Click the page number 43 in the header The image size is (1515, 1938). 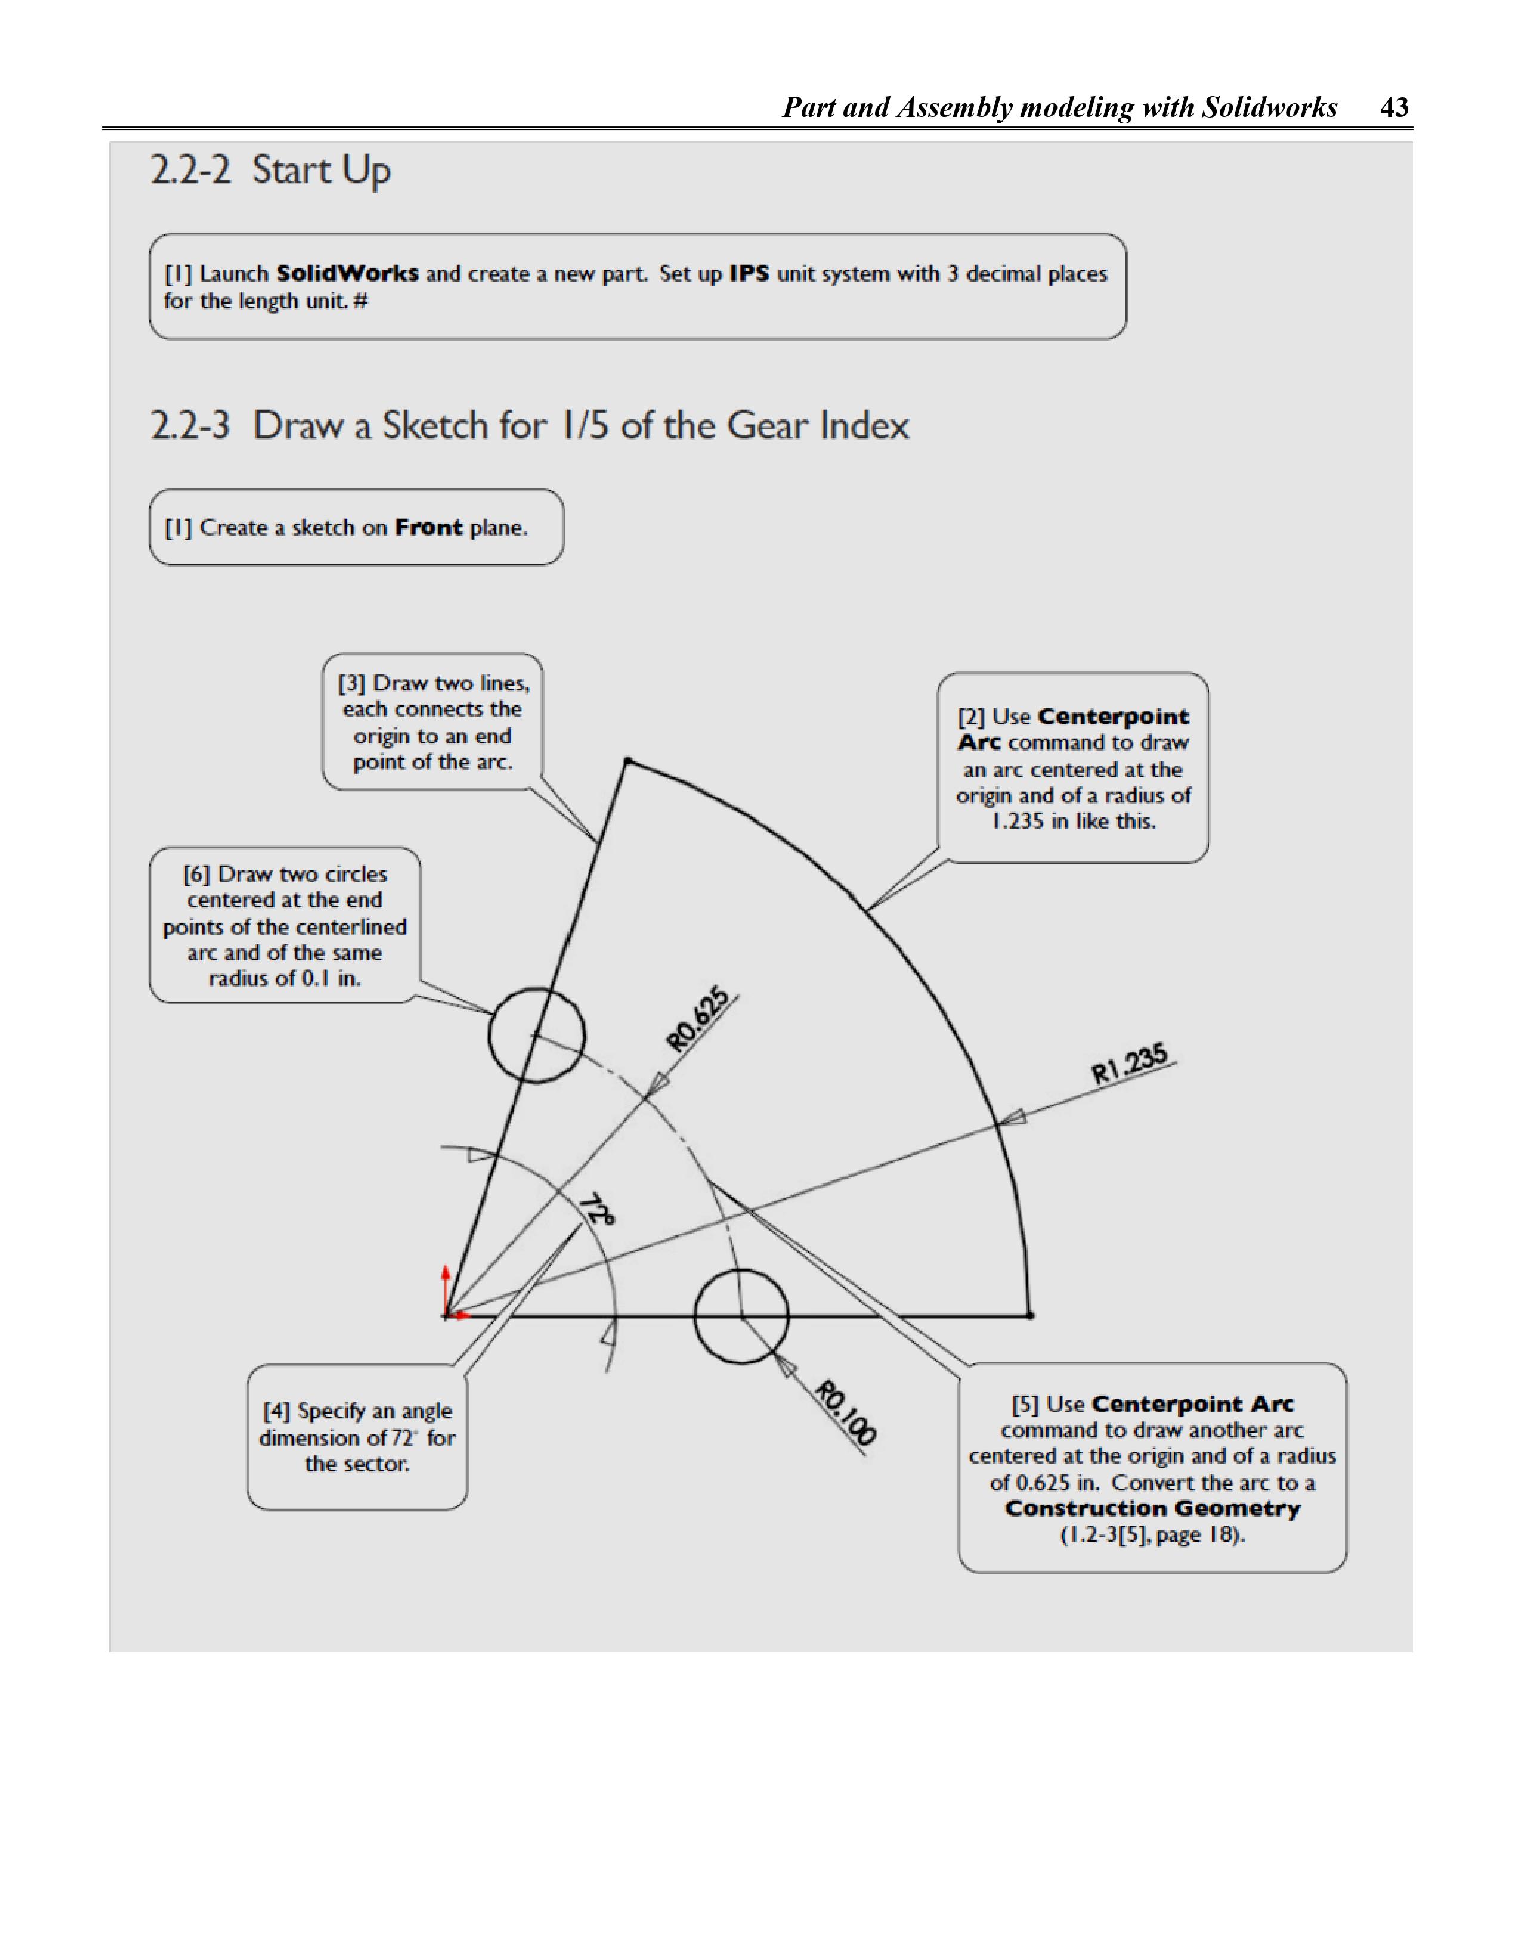[x=1395, y=107]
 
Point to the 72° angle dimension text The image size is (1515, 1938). [x=597, y=1210]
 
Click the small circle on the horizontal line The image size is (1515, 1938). [x=741, y=1315]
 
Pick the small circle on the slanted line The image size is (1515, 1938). [x=536, y=1035]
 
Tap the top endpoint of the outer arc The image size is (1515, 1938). [x=628, y=761]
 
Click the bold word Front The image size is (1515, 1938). [x=429, y=527]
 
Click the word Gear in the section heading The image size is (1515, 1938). [x=769, y=425]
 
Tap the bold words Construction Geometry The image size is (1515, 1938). [x=1152, y=1509]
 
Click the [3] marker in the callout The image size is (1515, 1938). [x=351, y=683]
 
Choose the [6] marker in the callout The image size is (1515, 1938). [x=196, y=875]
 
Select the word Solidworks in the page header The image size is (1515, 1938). [x=1269, y=107]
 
